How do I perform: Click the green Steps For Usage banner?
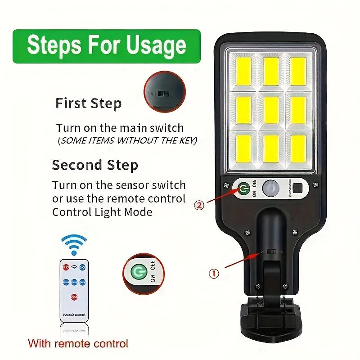107,46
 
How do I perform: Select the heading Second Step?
94,165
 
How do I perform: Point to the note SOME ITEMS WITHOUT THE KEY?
127,141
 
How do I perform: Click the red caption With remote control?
78,343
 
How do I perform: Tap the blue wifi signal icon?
74,245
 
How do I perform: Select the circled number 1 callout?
214,273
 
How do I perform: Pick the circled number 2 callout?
199,205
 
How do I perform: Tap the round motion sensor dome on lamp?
271,188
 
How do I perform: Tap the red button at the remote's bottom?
73,297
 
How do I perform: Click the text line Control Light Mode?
102,212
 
